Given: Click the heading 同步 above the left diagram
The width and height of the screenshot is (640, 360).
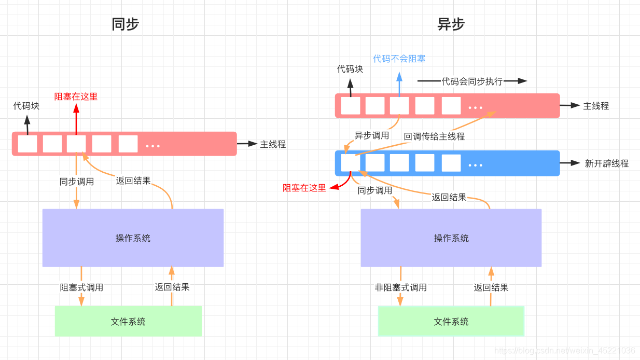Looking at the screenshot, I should [126, 24].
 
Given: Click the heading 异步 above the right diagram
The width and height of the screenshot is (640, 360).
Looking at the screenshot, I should [451, 24].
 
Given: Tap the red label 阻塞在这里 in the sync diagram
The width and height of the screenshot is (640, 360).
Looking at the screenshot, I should [76, 96].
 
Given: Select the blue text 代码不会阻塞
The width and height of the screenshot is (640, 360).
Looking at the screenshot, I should [399, 59].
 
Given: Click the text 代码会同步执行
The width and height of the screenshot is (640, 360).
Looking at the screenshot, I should [471, 81].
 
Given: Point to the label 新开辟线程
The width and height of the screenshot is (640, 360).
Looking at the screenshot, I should [606, 163].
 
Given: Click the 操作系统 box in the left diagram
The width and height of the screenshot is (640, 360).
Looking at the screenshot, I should [133, 238].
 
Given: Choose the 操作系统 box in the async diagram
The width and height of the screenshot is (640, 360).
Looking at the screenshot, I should [451, 238].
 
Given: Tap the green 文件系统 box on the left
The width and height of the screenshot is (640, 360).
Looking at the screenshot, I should [128, 322].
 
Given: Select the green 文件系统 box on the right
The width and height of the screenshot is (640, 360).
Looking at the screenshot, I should [451, 322].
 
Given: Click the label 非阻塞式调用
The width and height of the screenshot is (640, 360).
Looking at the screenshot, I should [400, 287].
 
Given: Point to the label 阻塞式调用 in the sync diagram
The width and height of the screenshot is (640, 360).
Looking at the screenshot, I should [81, 287].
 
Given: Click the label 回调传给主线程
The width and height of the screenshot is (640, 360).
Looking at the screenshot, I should [434, 136].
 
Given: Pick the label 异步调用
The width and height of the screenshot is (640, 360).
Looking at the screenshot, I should [371, 136].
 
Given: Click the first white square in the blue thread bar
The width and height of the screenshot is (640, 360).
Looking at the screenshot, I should [350, 163].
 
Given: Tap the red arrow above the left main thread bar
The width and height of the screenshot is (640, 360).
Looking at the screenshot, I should [76, 119].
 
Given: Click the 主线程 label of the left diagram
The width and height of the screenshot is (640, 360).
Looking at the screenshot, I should [273, 144].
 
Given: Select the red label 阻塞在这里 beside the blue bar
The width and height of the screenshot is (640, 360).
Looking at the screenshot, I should [304, 188].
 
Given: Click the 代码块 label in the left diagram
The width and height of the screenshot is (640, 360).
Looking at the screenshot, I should [26, 106].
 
